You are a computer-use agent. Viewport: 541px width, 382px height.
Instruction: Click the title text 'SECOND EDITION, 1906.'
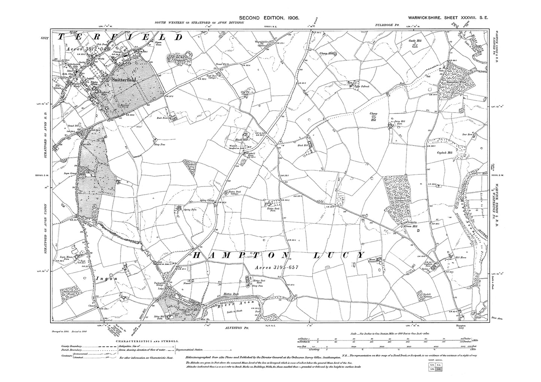269,18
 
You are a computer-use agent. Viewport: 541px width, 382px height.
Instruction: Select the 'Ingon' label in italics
102,278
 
